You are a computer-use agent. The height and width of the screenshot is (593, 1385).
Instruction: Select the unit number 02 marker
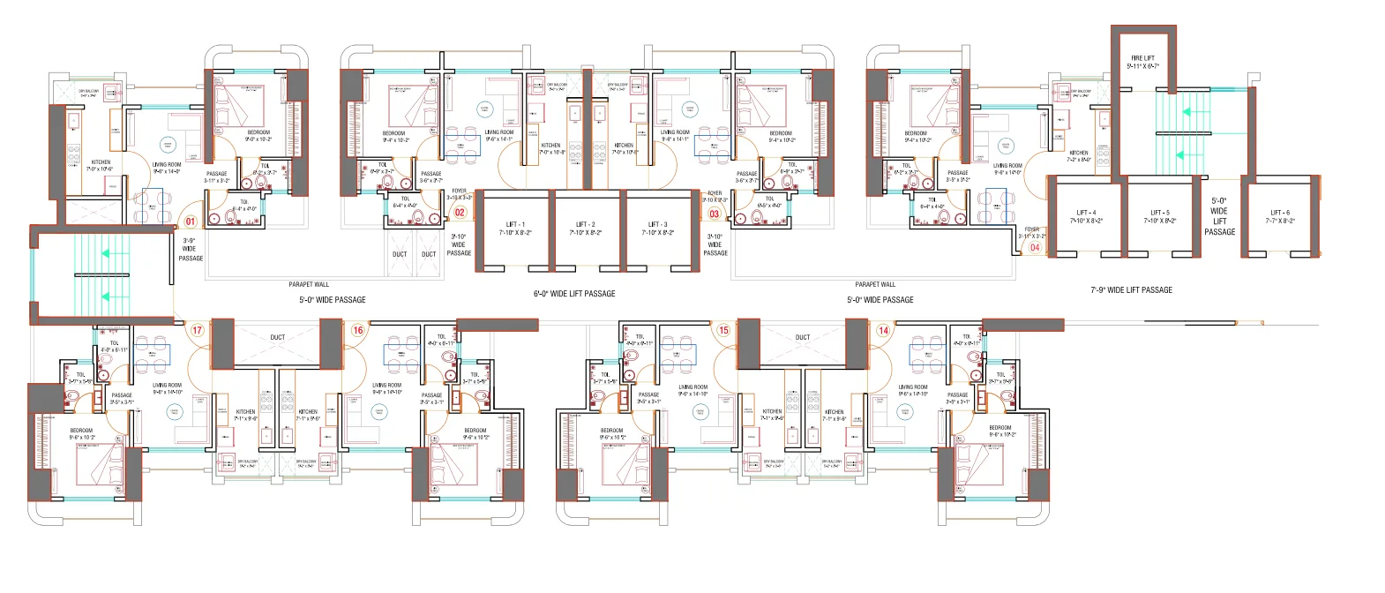(459, 213)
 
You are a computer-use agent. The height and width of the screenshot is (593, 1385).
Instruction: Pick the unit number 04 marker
(1035, 247)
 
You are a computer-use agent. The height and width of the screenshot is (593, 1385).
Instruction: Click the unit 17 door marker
(197, 331)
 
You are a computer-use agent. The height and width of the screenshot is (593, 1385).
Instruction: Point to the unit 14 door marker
(883, 331)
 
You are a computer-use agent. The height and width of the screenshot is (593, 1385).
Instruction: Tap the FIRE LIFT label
(1143, 58)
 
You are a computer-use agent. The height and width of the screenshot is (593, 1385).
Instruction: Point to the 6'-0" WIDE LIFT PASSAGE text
(573, 293)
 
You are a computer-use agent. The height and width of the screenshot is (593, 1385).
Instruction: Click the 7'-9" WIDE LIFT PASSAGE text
(1131, 289)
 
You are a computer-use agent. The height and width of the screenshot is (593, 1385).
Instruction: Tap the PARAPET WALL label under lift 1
(309, 284)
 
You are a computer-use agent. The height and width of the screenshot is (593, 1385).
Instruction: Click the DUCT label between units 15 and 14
(802, 337)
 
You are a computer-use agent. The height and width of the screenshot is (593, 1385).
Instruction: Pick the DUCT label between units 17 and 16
(277, 337)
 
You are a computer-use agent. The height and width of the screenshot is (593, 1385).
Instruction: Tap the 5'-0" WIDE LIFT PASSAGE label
(1219, 216)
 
